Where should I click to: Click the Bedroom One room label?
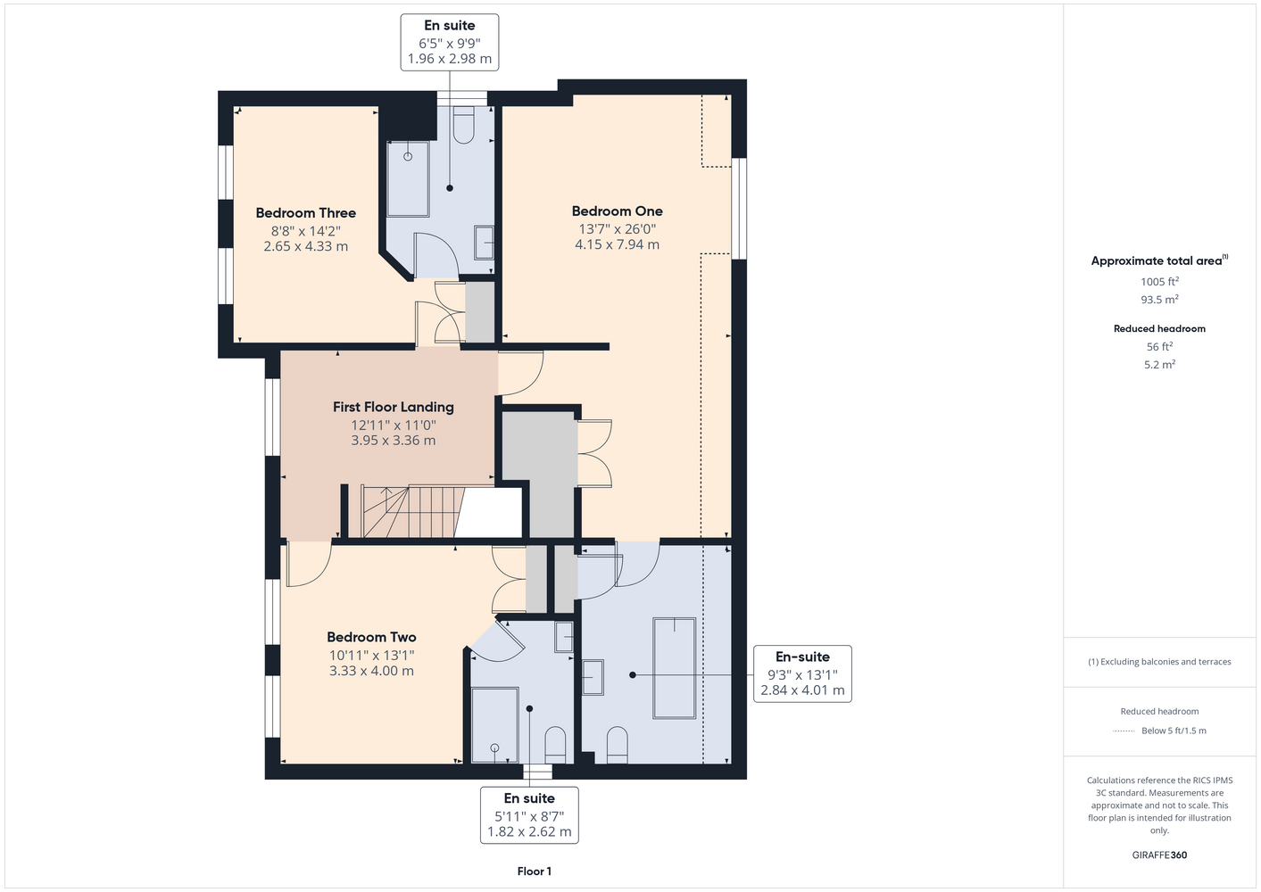click(617, 211)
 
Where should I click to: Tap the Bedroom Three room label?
click(306, 212)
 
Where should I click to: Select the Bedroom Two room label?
click(371, 637)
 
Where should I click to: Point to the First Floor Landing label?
click(393, 407)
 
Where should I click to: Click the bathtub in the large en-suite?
click(674, 668)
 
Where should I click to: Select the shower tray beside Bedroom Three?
click(408, 179)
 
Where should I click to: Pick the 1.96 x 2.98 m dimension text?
click(449, 59)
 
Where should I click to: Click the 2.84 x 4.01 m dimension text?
click(802, 690)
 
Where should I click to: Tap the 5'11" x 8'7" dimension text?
click(529, 816)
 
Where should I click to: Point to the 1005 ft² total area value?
click(1159, 281)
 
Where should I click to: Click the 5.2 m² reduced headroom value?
click(1159, 364)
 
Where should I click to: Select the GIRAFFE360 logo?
click(1159, 855)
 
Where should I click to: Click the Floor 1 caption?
click(535, 871)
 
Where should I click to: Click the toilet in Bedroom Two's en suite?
click(555, 745)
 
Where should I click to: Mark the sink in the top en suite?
click(484, 243)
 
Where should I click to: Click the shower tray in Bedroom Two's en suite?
click(494, 725)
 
